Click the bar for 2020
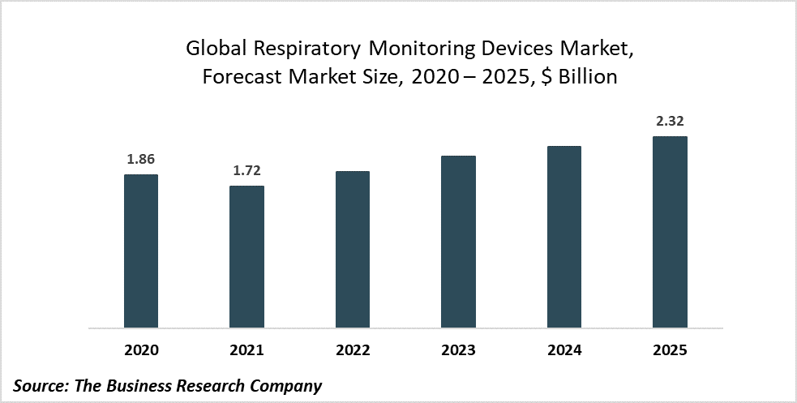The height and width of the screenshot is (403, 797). click(141, 251)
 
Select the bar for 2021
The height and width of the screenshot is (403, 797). click(246, 257)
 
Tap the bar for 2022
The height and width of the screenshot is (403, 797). click(353, 250)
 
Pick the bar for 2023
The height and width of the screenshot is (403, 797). click(458, 242)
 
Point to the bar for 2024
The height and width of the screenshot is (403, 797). click(564, 237)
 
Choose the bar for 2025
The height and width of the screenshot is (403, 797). click(670, 232)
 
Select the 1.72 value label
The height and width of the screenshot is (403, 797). click(246, 170)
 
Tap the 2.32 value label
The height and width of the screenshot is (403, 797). click(670, 121)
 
